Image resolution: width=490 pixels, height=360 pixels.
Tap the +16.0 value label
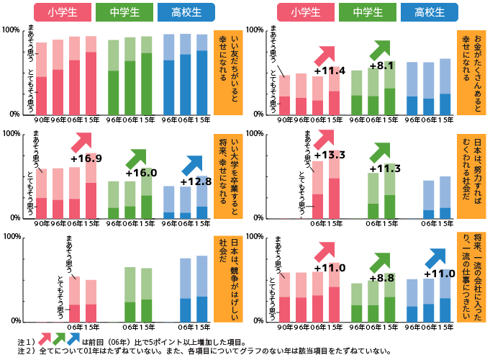pos(141,173)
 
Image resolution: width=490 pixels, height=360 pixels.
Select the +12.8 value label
pos(196,181)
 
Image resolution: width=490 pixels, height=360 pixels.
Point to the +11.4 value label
pos(331,71)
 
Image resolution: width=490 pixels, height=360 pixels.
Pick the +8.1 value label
pos(381,66)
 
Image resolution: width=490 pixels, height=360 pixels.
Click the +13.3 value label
pos(331,155)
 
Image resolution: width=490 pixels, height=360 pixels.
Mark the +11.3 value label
pos(384,168)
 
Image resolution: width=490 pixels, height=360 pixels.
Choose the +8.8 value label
pos(381,277)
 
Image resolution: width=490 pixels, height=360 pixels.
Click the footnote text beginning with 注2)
pos(201,351)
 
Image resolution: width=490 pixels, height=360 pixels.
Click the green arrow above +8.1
pos(380,50)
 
